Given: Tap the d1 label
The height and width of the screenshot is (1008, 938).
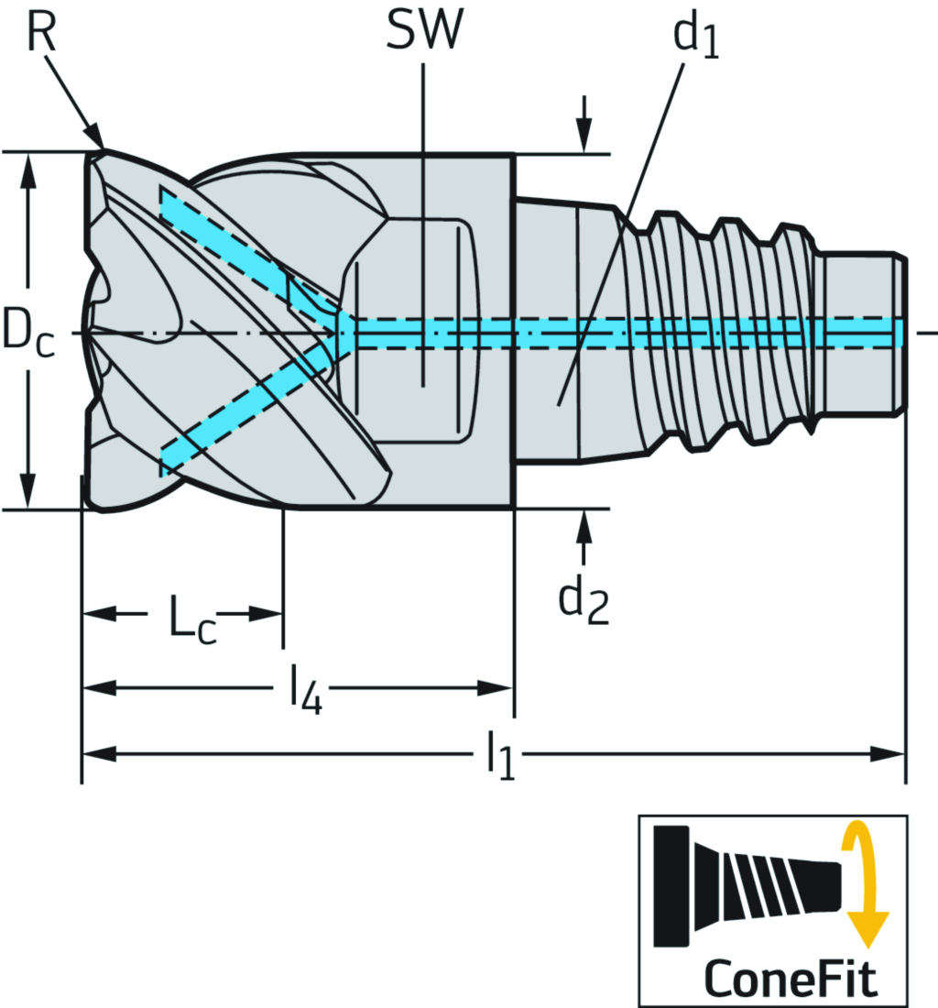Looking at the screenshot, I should [695, 37].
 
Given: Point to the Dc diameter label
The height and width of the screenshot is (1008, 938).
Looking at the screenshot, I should [27, 332].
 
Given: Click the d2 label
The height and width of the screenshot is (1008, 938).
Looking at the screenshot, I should [584, 602].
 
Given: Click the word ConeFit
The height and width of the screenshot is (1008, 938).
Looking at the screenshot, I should [790, 979].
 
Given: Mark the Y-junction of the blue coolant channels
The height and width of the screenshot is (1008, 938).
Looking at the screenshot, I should [344, 332].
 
